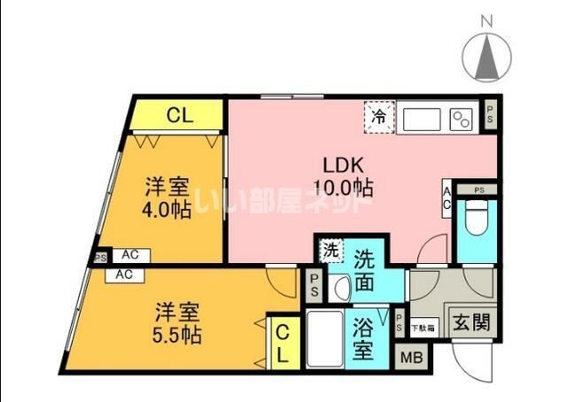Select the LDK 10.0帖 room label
341,174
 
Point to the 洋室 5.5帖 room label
178,323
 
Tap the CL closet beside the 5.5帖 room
281,344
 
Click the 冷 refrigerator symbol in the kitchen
379,115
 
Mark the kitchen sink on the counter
422,117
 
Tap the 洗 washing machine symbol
330,251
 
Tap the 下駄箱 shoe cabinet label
423,328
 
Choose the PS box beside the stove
491,113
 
